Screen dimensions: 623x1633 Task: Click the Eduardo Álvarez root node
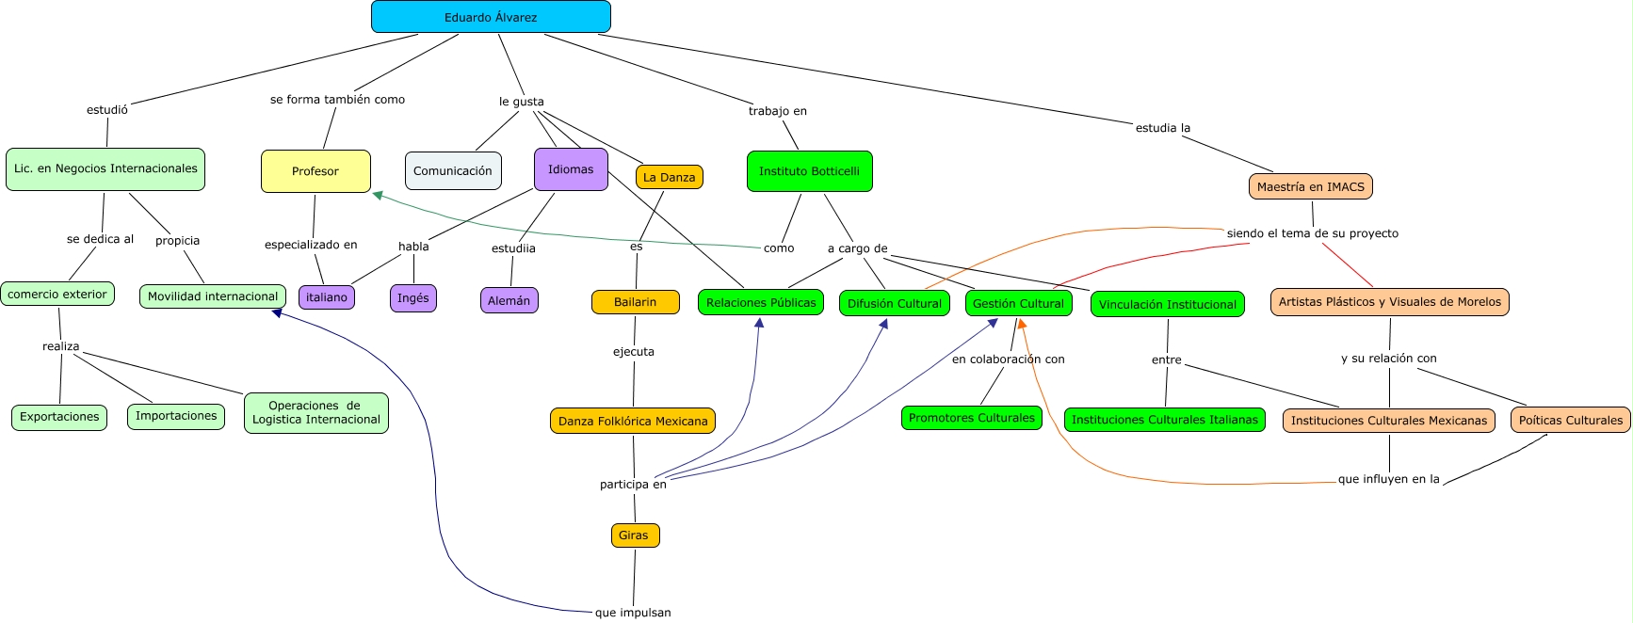(x=491, y=17)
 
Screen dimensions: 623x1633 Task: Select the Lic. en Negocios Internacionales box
(x=105, y=169)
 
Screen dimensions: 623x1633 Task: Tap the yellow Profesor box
(x=315, y=171)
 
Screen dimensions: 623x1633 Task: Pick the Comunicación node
(x=453, y=171)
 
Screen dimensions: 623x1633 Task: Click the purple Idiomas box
(x=571, y=169)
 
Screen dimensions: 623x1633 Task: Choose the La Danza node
(x=669, y=177)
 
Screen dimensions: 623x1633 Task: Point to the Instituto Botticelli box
(x=809, y=171)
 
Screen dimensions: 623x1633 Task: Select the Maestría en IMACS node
(x=1310, y=186)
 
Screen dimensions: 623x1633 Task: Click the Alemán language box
(x=509, y=300)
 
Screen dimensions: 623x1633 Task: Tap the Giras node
(x=634, y=535)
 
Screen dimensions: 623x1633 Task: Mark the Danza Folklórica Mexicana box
(x=633, y=421)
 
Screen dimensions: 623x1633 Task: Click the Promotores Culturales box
(x=971, y=418)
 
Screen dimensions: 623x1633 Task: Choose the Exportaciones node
(x=59, y=417)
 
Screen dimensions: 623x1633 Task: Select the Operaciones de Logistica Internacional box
(x=315, y=413)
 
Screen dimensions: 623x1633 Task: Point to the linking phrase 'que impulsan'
(x=633, y=613)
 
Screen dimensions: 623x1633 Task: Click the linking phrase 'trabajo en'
(x=777, y=111)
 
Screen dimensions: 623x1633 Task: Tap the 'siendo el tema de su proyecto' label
(x=1312, y=233)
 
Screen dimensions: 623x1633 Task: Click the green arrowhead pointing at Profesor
(x=378, y=196)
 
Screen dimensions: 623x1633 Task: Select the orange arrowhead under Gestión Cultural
(x=1022, y=324)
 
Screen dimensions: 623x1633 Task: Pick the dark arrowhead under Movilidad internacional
(x=277, y=312)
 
